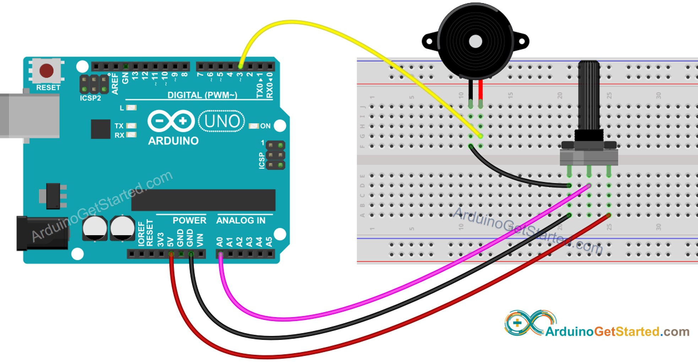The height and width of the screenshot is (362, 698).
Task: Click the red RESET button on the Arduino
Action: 47,71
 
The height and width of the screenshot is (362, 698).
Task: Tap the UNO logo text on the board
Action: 222,121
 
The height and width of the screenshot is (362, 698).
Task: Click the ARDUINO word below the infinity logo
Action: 173,141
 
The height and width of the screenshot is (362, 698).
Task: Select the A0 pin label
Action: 220,242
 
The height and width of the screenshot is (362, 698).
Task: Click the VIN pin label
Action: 200,240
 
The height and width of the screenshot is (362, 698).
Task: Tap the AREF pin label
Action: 115,84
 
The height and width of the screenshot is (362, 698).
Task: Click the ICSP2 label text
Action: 90,98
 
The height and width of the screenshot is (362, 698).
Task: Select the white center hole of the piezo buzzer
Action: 475,42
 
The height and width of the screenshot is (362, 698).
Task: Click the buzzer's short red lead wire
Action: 480,90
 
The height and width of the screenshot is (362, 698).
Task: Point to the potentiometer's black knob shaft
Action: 589,96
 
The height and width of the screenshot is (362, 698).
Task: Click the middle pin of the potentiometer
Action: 589,172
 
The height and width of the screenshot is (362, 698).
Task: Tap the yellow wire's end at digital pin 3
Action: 241,66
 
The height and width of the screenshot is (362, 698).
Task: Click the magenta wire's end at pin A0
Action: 220,254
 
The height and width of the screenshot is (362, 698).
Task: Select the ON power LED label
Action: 265,126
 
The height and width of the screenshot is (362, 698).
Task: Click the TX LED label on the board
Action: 119,126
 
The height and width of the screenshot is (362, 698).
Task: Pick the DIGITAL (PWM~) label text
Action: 202,95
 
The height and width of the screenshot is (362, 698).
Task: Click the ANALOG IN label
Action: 241,221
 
